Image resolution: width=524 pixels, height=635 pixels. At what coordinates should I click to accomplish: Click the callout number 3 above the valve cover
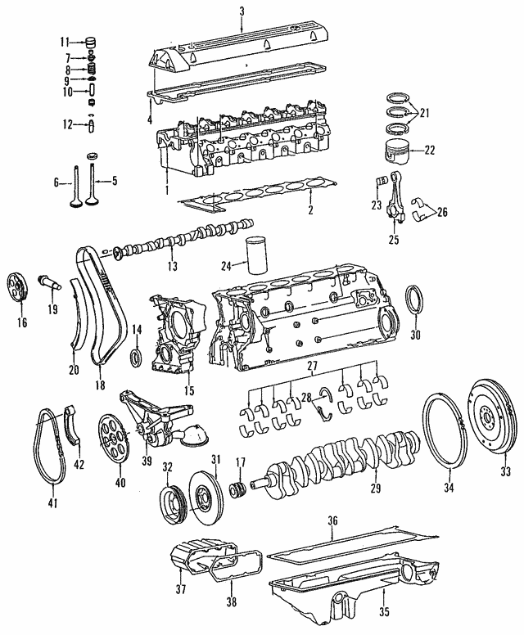[242, 10]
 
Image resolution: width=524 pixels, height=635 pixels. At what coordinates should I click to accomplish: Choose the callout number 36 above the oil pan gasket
[332, 520]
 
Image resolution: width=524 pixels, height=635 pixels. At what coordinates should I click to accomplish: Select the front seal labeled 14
[136, 357]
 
